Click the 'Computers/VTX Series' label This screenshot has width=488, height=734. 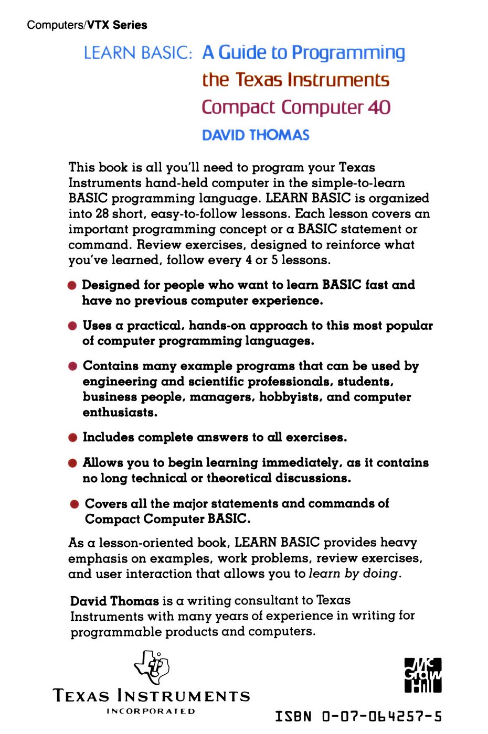pyautogui.click(x=87, y=25)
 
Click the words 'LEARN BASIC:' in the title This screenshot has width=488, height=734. pyautogui.click(x=138, y=53)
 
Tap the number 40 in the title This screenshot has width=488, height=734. pyautogui.click(x=379, y=107)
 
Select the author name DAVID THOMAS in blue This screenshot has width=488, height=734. pyautogui.click(x=256, y=135)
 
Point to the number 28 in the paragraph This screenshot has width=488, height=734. pyautogui.click(x=101, y=214)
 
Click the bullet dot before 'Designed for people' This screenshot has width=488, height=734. pyautogui.click(x=72, y=286)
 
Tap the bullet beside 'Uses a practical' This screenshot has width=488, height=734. pyautogui.click(x=72, y=326)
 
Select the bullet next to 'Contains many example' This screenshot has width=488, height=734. pyautogui.click(x=72, y=366)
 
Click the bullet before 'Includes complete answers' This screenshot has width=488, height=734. pyautogui.click(x=72, y=438)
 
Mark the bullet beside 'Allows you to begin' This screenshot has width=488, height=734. pyautogui.click(x=72, y=463)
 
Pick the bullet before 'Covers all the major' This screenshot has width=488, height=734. pyautogui.click(x=75, y=504)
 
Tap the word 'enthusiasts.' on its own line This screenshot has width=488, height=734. pyautogui.click(x=120, y=413)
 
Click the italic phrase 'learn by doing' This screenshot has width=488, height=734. pyautogui.click(x=354, y=574)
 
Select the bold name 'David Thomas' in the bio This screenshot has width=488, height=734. pyautogui.click(x=114, y=601)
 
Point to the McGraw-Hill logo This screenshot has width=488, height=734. pyautogui.click(x=422, y=675)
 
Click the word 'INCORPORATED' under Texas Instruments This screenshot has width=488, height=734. pyautogui.click(x=151, y=711)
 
